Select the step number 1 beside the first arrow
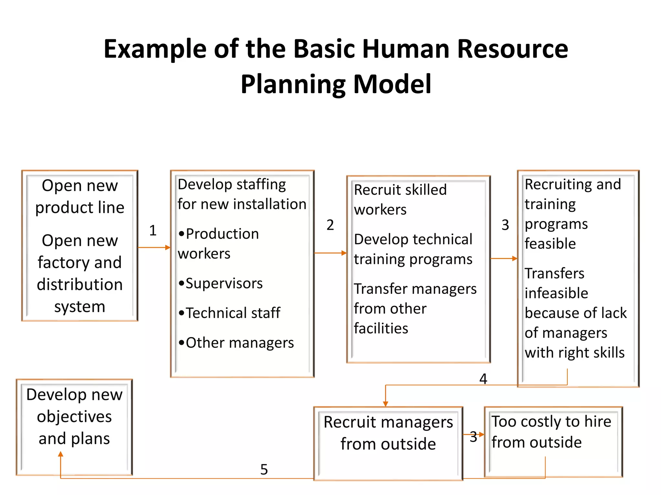pyautogui.click(x=153, y=230)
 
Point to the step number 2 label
pyautogui.click(x=330, y=225)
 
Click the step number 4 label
pyautogui.click(x=483, y=379)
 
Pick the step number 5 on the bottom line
pyautogui.click(x=264, y=470)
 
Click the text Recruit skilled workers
pyautogui.click(x=400, y=199)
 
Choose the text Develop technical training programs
pyautogui.click(x=413, y=249)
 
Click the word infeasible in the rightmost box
pyautogui.click(x=556, y=293)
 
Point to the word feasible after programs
pyautogui.click(x=550, y=244)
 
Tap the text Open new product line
pyautogui.click(x=80, y=196)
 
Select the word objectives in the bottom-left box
pyautogui.click(x=74, y=416)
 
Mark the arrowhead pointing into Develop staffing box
pyautogui.click(x=168, y=247)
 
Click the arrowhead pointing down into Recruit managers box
pyautogui.click(x=385, y=404)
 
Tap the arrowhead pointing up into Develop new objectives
pyautogui.click(x=61, y=454)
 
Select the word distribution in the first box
pyautogui.click(x=80, y=285)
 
